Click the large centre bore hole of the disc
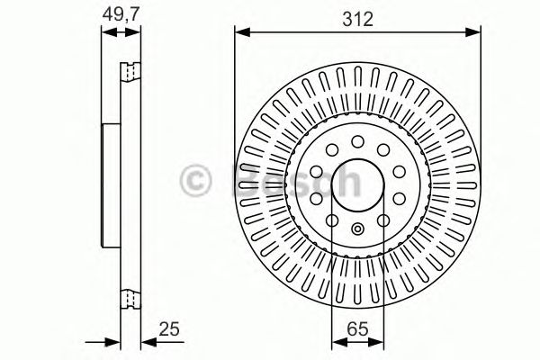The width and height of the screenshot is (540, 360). pos(357,181)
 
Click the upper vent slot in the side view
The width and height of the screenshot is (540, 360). pos(132,69)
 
